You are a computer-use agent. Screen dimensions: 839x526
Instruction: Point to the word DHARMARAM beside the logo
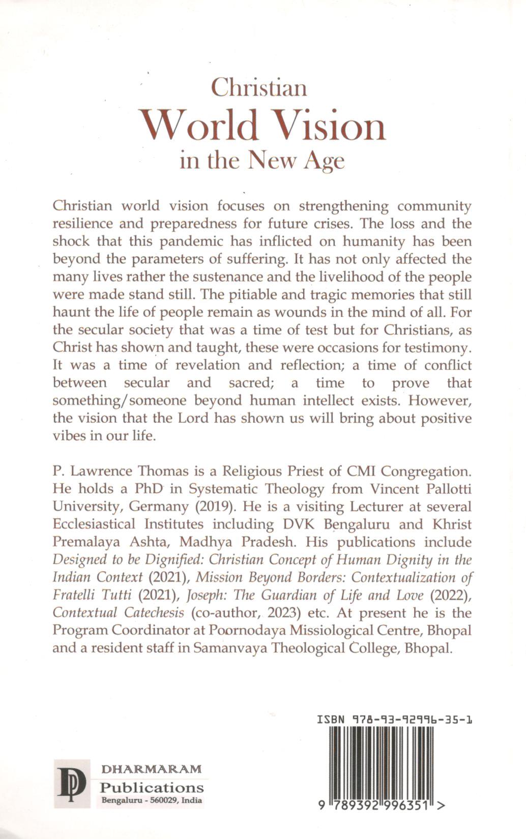152,769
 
